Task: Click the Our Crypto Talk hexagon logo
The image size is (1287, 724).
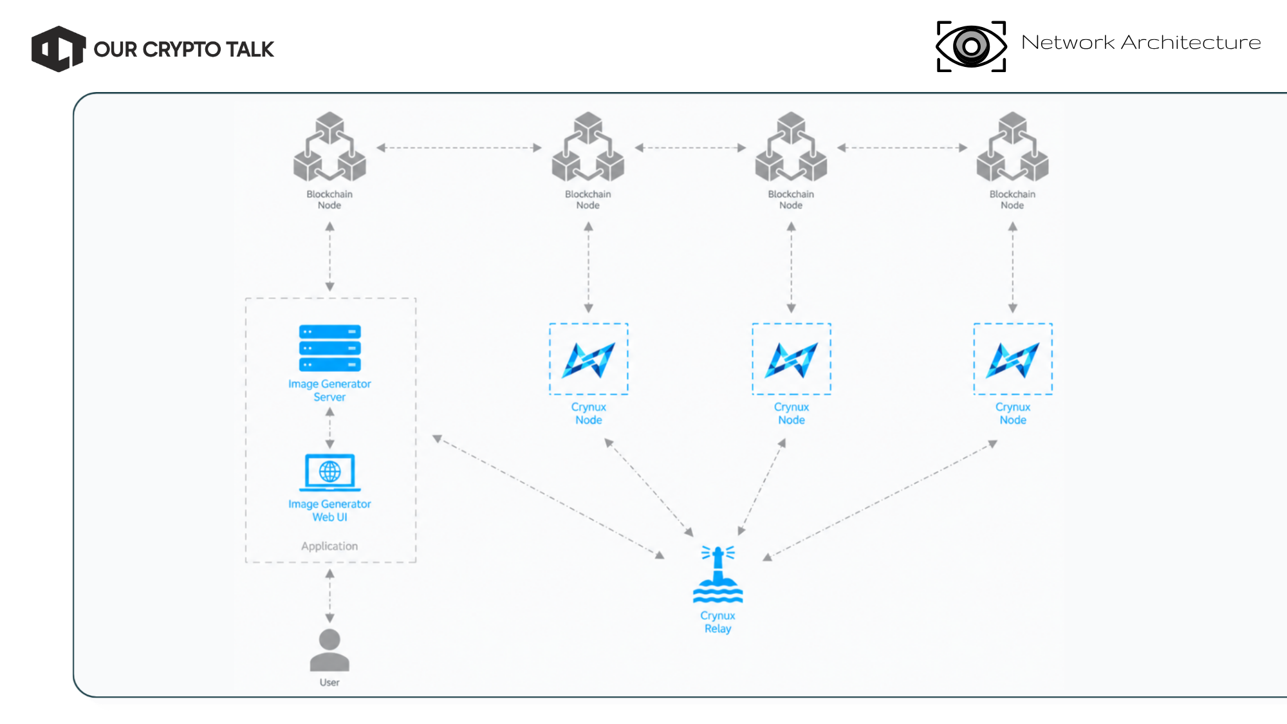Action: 59,49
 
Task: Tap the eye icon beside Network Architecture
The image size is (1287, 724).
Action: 971,46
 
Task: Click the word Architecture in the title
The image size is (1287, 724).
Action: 1190,42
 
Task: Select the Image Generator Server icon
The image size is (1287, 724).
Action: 329,348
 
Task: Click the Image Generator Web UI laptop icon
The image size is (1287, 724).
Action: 329,473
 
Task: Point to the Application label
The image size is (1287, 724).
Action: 329,546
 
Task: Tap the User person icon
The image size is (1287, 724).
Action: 329,650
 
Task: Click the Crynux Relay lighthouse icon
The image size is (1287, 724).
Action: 718,574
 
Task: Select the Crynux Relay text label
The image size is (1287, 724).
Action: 718,622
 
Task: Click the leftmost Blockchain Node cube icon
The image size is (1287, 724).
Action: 329,147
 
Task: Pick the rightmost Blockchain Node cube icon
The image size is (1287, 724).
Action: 1012,147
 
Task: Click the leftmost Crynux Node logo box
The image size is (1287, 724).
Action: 588,359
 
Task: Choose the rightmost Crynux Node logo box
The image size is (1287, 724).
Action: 1013,359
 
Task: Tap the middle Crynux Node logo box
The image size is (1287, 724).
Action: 792,359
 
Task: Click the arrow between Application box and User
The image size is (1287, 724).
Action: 329,596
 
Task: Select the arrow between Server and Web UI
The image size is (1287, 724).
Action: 329,428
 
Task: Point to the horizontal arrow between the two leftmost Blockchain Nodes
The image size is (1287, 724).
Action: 459,147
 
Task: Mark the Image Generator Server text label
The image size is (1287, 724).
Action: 329,391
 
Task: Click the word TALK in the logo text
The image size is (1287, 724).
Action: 250,50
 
